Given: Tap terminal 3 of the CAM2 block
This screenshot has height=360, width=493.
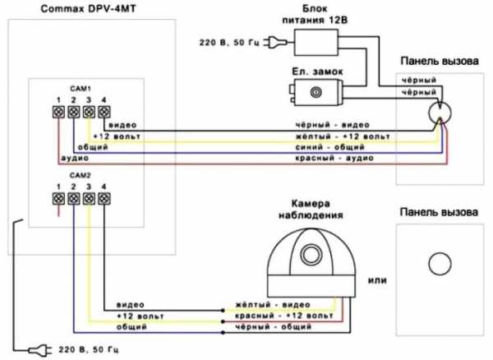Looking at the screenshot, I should click(89, 198).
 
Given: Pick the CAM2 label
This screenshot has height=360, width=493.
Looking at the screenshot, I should click(80, 176).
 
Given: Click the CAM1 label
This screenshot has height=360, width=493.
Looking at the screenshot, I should click(80, 87).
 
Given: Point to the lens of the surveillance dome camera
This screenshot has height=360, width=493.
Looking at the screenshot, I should click(311, 252).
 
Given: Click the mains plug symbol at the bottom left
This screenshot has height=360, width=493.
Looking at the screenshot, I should click(35, 349).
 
